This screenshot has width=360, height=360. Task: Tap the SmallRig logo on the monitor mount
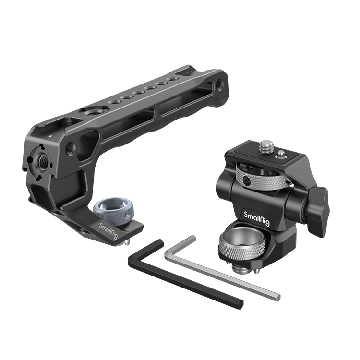257,218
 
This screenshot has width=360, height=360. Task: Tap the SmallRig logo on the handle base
108,230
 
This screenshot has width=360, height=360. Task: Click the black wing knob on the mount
318,206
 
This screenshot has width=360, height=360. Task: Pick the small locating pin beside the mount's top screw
281,154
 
